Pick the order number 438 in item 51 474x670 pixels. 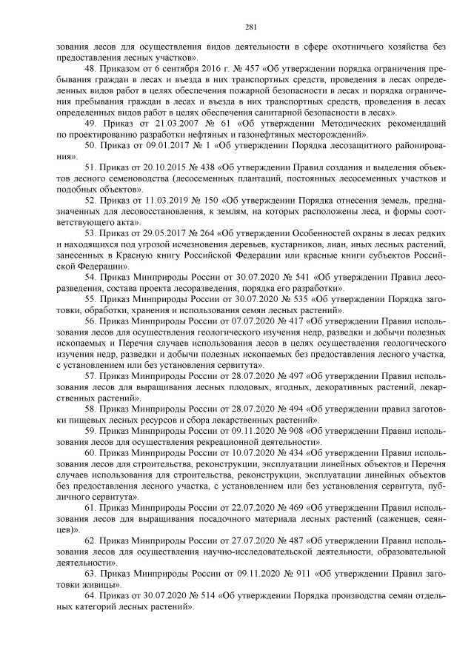pyautogui.click(x=200, y=169)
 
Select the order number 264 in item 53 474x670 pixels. pyautogui.click(x=200, y=235)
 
